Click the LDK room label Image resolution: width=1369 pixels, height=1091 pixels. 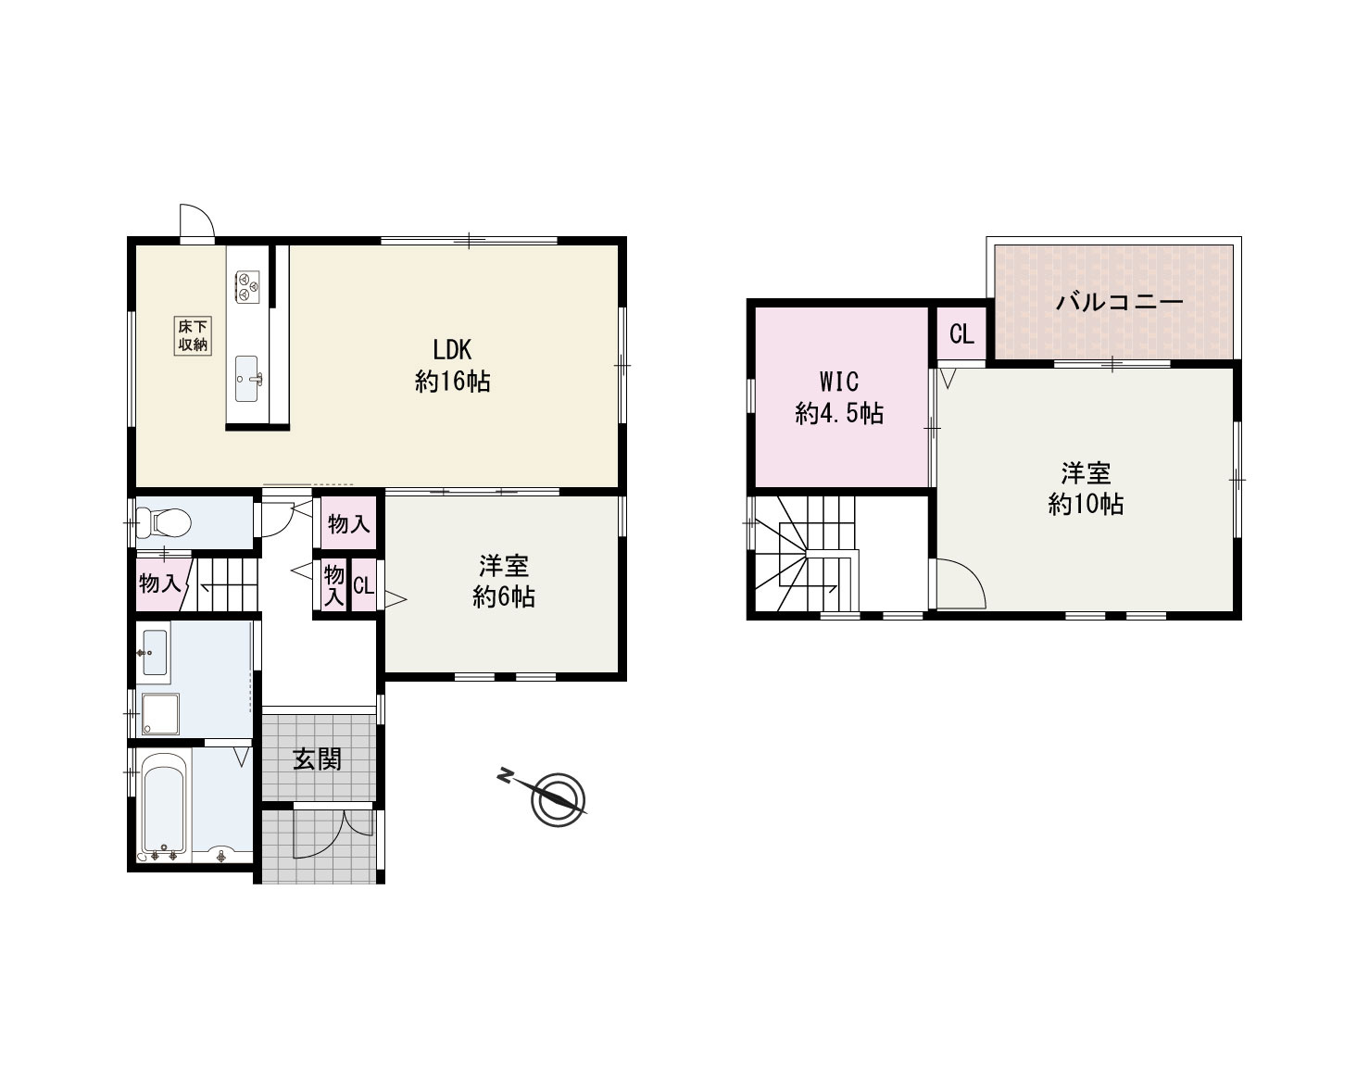(x=452, y=365)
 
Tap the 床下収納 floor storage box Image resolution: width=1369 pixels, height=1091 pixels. (x=193, y=335)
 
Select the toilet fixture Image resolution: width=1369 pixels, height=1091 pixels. (x=165, y=523)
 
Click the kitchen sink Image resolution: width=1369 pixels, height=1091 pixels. (x=248, y=378)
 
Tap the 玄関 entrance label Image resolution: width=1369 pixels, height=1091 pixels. (x=318, y=759)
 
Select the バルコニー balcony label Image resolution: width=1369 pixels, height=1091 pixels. (x=1119, y=302)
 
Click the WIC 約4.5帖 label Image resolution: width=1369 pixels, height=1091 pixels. (x=839, y=397)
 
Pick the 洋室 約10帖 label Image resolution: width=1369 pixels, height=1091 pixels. (x=1086, y=488)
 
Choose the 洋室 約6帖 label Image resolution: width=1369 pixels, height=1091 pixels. (x=504, y=581)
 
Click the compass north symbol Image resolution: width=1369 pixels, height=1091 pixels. (x=557, y=797)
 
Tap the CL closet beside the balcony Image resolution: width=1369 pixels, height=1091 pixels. (x=961, y=333)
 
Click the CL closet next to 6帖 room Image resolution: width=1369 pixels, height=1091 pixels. (x=363, y=586)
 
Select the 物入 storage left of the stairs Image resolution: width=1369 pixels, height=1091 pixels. (x=159, y=584)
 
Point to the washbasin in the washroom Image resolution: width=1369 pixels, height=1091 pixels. (x=154, y=651)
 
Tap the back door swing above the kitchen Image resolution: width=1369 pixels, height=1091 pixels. (x=197, y=222)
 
